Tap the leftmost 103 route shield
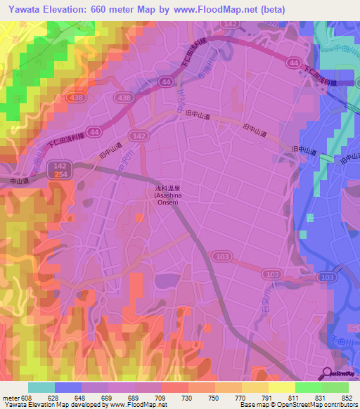[222, 259]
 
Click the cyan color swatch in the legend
[41, 387]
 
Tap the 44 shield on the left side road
[93, 131]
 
